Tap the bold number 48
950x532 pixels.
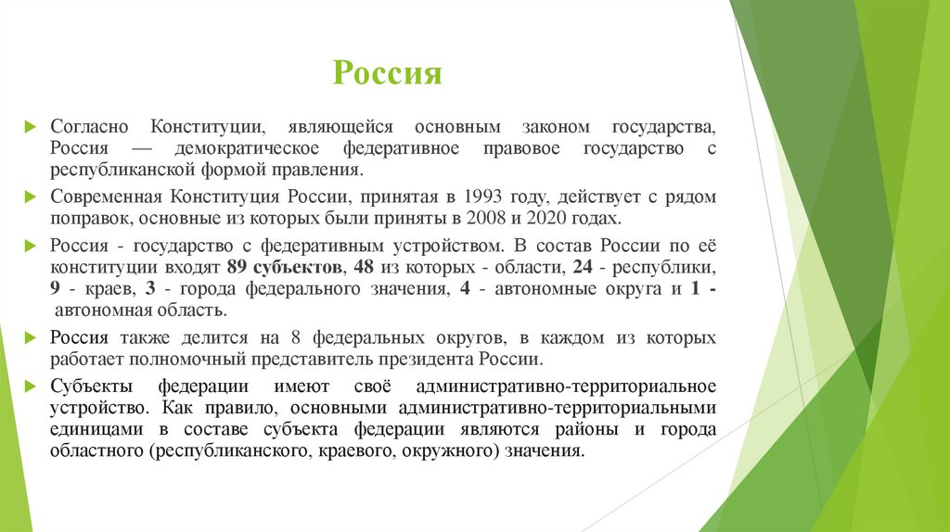[365, 268]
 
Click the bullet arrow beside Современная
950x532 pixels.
[31, 197]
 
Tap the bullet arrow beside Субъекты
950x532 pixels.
[31, 386]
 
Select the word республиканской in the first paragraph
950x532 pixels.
[122, 171]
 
